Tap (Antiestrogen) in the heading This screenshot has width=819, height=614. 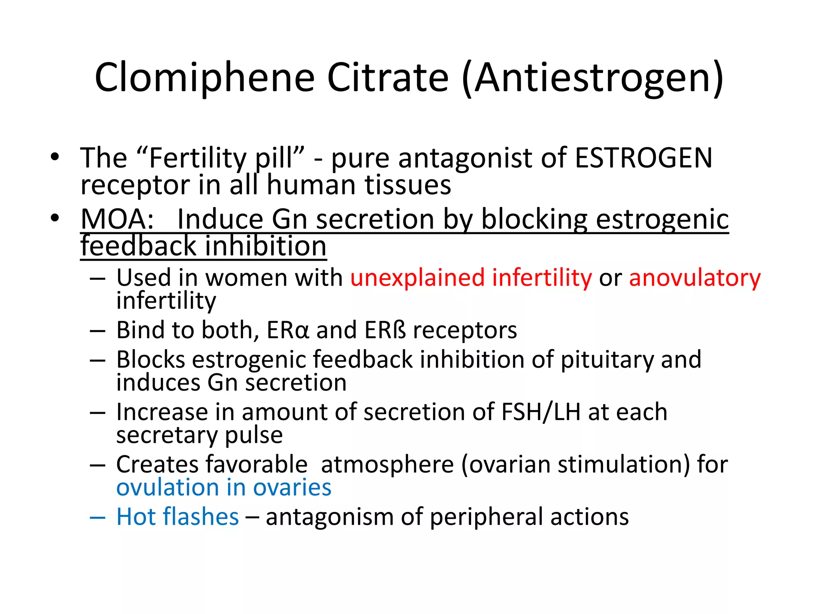point(592,78)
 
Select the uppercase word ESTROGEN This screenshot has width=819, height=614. point(643,158)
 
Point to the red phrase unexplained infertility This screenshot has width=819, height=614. point(471,277)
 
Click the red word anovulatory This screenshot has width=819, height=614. point(695,278)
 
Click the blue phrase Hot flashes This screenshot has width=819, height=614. point(178,516)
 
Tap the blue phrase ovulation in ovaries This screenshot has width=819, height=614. point(224,487)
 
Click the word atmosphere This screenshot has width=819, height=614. point(387,464)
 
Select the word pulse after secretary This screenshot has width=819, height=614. point(254,435)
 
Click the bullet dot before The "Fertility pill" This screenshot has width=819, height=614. point(55,157)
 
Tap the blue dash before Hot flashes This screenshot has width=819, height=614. point(98,517)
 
